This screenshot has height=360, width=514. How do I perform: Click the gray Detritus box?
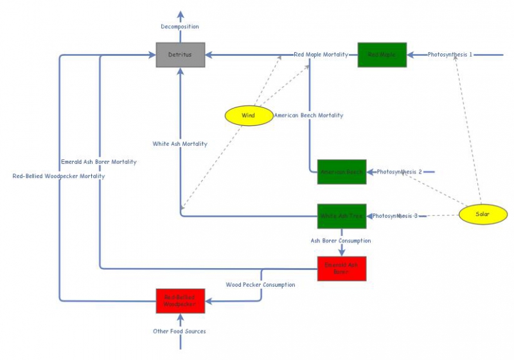[x=181, y=55]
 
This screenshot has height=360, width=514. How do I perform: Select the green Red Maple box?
[x=382, y=55]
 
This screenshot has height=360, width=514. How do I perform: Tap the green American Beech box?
[x=342, y=172]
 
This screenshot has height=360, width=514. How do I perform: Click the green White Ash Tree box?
[x=342, y=216]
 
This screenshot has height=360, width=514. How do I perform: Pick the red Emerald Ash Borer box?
[x=342, y=269]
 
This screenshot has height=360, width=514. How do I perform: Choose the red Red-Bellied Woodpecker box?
[x=181, y=301]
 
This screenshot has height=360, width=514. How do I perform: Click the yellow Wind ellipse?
[x=249, y=116]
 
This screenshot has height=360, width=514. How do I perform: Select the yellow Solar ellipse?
[x=483, y=214]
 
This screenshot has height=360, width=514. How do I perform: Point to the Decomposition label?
[x=180, y=26]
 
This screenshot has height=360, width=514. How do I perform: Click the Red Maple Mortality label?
[x=321, y=55]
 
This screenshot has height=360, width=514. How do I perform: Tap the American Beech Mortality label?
[x=308, y=116]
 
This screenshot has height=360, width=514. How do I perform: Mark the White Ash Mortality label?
[x=180, y=144]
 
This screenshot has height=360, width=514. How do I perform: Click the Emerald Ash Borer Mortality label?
[x=99, y=162]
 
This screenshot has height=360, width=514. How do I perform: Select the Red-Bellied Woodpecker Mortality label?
[x=58, y=176]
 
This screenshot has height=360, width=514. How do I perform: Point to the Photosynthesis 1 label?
[x=450, y=55]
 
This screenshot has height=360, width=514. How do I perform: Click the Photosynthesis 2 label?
[x=399, y=172]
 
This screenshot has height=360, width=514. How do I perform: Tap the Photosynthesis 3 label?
[x=395, y=216]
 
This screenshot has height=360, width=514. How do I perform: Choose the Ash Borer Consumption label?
[x=341, y=240]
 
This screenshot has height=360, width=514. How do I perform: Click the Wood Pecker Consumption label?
[x=260, y=284]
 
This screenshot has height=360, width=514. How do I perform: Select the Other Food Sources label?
[x=180, y=331]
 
